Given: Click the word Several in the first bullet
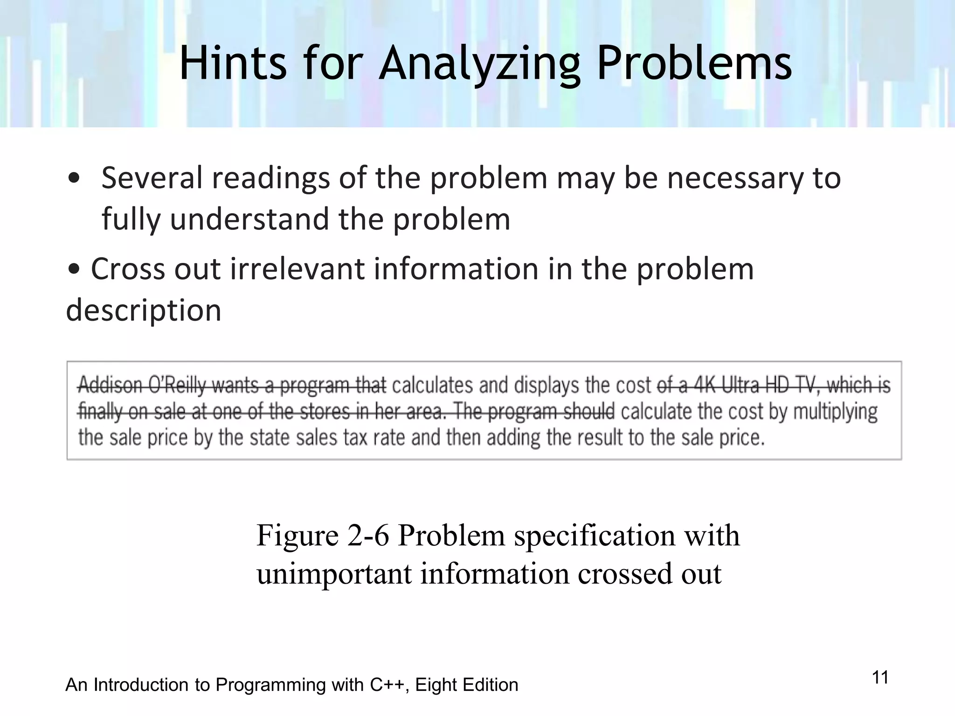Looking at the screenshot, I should pos(152,178).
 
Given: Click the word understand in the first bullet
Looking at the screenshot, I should pos(249,219).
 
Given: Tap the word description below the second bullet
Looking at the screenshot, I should pos(144,310).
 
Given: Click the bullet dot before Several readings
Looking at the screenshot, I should pos(74,179).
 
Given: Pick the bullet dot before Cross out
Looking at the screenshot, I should pos(74,270).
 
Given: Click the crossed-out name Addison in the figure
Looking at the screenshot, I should pos(110,386).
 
